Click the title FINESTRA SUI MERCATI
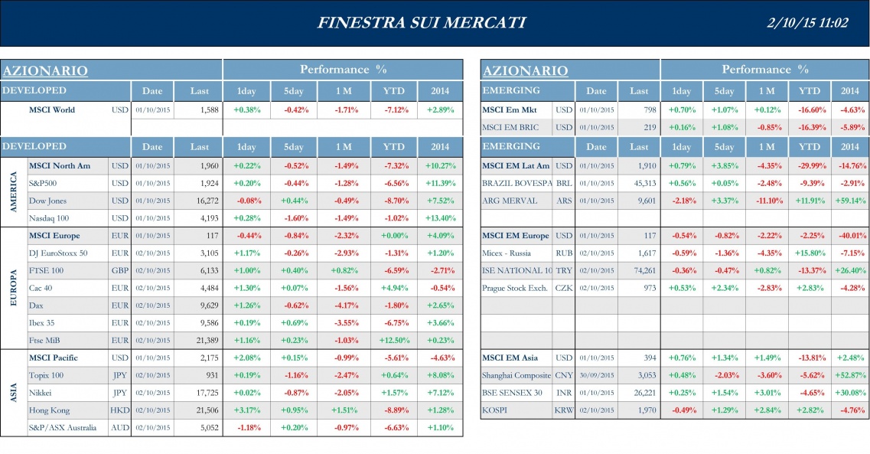point(421,22)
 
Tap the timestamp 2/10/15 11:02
point(806,22)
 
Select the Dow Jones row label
point(47,201)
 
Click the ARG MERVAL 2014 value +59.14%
point(849,201)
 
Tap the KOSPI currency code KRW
point(563,410)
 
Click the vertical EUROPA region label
point(13,288)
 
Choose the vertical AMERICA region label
point(13,191)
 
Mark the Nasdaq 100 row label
point(51,218)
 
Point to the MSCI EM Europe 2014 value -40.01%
point(849,235)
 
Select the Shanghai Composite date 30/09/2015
point(596,375)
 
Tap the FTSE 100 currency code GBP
point(119,270)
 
